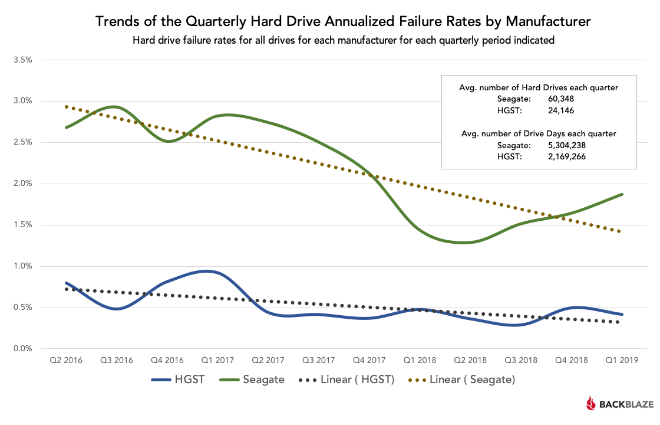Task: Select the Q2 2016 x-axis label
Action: tap(65, 359)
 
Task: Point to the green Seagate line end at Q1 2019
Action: tap(622, 194)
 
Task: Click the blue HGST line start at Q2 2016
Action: tap(66, 283)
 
